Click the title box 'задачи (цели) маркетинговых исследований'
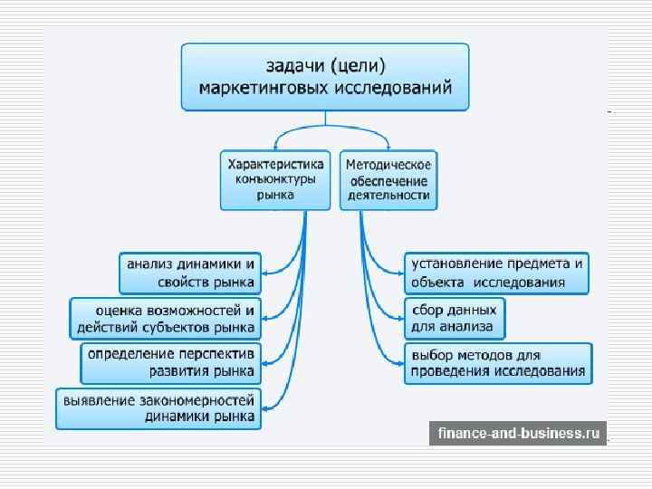tap(325, 77)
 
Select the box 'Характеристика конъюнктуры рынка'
tap(273, 179)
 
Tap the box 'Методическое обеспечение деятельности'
tap(388, 179)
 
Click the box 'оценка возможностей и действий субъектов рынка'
tap(165, 319)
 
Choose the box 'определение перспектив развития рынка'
tap(170, 363)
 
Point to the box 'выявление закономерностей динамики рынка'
tap(158, 408)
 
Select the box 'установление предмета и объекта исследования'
tap(496, 273)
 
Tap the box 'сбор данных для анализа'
tap(454, 319)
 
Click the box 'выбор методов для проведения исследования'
tap(498, 363)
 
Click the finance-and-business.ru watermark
tap(518, 434)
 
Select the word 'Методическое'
tap(389, 164)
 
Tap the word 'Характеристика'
tap(273, 164)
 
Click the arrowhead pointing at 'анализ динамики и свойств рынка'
tap(264, 273)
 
